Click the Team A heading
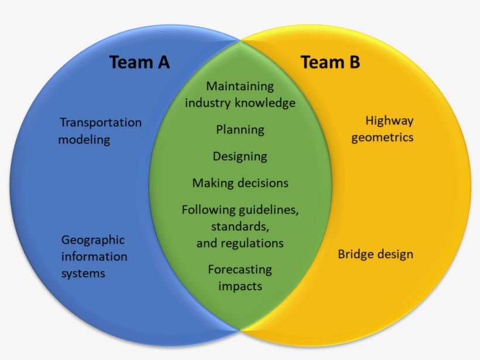(139, 62)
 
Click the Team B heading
(330, 62)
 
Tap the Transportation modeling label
(101, 131)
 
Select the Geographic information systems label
(94, 256)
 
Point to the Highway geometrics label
(383, 129)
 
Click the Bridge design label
(375, 255)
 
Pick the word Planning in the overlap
(240, 130)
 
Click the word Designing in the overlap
(240, 156)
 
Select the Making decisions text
(240, 183)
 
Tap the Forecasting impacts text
(240, 277)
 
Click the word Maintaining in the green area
(240, 86)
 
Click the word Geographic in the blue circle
(93, 240)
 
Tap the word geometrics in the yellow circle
(382, 138)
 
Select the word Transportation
(101, 122)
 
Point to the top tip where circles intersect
(240, 40)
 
